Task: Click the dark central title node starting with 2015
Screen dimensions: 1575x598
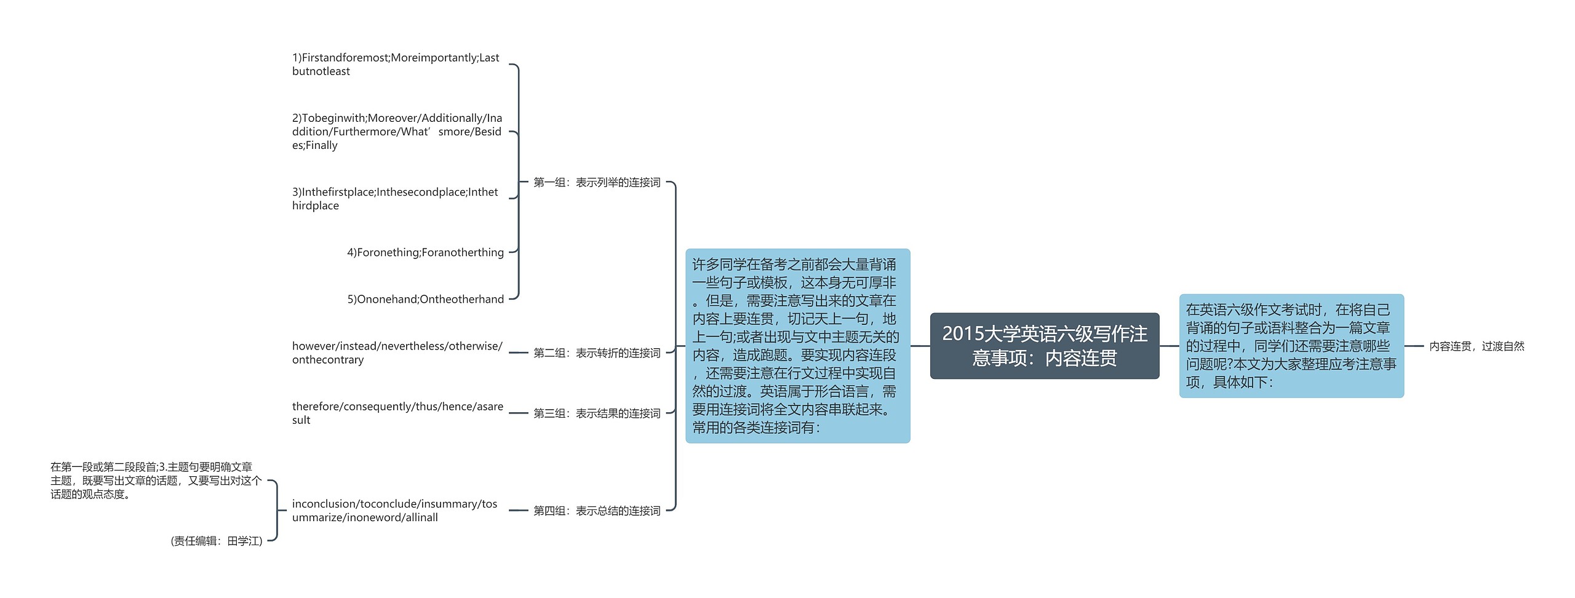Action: pos(1044,346)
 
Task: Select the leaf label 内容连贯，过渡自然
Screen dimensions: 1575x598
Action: pos(1476,346)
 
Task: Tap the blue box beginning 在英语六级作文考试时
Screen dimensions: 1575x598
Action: pos(1291,346)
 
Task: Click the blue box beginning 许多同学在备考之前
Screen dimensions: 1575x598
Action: pos(797,346)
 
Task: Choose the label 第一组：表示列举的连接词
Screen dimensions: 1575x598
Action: pos(596,182)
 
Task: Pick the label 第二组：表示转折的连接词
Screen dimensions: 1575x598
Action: pos(596,353)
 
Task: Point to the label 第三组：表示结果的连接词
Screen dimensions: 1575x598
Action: pos(596,413)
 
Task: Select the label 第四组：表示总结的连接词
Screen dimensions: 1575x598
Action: pos(596,511)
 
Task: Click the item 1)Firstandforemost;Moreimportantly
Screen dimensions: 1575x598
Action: pos(396,65)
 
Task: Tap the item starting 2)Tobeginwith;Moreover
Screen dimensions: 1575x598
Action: pos(397,132)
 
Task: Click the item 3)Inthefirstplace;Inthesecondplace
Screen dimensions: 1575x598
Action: pos(395,199)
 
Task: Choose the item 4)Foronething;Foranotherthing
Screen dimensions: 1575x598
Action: pos(425,252)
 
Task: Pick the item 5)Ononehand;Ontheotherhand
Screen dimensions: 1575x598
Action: pos(425,299)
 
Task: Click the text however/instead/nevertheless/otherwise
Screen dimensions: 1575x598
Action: pos(397,353)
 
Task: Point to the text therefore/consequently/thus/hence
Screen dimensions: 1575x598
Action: pos(397,413)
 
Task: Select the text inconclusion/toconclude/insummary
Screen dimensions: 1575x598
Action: pos(394,511)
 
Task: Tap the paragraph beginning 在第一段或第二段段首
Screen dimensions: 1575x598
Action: pos(156,480)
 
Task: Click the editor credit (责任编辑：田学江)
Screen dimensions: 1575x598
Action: pos(217,541)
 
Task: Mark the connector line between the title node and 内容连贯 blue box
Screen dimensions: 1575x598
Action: pos(1169,346)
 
